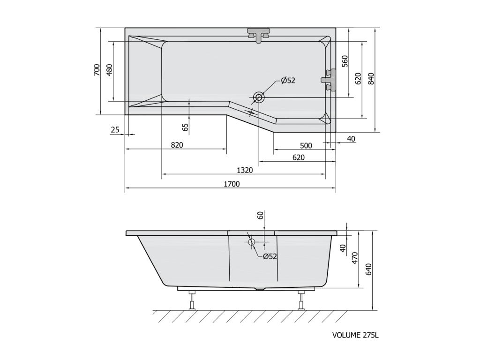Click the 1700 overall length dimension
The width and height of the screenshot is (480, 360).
(x=232, y=184)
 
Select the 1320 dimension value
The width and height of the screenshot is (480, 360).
(x=245, y=170)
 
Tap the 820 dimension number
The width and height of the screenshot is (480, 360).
(x=177, y=145)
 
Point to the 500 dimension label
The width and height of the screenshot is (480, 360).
(x=306, y=146)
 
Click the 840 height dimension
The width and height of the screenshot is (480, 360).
(x=371, y=79)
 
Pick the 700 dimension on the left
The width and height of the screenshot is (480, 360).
(x=97, y=70)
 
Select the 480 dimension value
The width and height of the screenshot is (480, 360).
(x=110, y=70)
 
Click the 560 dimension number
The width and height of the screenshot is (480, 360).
(x=345, y=61)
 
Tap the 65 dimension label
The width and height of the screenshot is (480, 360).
(x=185, y=127)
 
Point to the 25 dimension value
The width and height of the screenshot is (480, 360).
(x=115, y=130)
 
